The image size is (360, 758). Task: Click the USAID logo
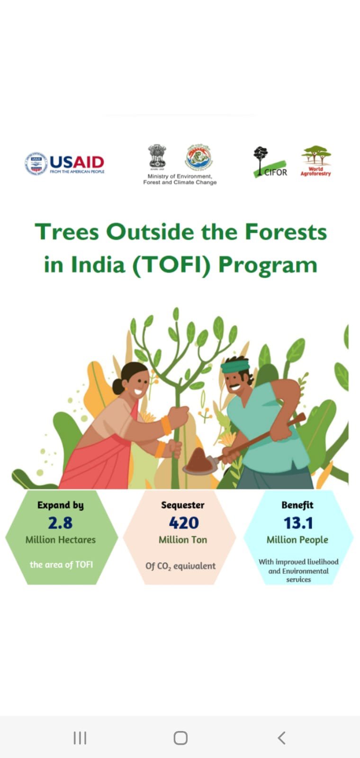(64, 163)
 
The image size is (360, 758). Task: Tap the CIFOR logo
(270, 162)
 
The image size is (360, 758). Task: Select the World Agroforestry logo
(315, 161)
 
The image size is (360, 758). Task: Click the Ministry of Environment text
(180, 179)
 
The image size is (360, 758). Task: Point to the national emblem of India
(157, 157)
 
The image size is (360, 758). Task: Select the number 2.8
(60, 523)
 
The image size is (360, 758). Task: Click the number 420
(184, 523)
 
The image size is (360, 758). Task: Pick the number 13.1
(298, 523)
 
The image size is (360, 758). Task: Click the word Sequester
(183, 505)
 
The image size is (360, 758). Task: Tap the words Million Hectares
(61, 540)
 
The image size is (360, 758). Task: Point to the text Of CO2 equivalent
(180, 566)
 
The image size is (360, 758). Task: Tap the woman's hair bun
(118, 386)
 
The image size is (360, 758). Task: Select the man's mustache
(234, 386)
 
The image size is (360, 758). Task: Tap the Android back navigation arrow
(281, 738)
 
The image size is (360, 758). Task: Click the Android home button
(180, 738)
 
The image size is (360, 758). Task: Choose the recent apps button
(80, 738)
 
